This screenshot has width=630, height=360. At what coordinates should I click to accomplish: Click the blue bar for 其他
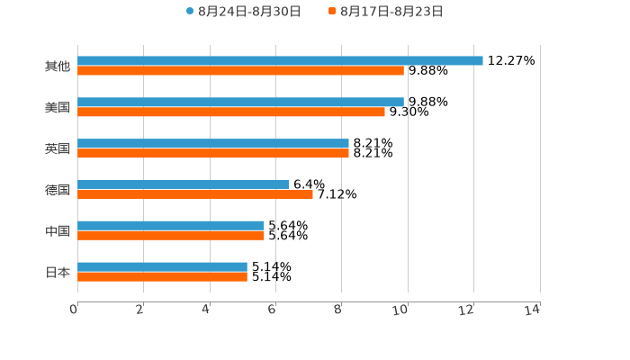tap(280, 60)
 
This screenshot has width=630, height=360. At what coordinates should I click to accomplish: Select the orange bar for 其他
tap(240, 70)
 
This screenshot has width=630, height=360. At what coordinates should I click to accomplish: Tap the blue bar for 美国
tap(240, 102)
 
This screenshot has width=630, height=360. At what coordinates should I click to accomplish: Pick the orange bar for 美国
tap(231, 112)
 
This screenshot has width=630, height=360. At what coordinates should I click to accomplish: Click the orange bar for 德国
tap(195, 193)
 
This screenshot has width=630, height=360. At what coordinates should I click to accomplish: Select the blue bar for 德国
tap(183, 184)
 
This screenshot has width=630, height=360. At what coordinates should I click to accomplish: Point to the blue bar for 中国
tap(171, 225)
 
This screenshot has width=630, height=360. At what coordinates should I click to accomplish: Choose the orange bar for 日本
tap(162, 276)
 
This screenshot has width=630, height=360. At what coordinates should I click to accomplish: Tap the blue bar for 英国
tap(213, 143)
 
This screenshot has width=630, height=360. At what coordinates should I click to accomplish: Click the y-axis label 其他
tap(58, 66)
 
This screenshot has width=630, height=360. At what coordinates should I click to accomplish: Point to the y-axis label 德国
tap(58, 190)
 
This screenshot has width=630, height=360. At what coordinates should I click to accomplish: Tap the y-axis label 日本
tap(58, 272)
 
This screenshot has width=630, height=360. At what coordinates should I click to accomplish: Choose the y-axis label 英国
tap(58, 148)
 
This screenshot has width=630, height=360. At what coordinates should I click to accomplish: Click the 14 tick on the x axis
tap(533, 310)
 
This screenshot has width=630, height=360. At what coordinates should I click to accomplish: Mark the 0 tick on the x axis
tap(75, 310)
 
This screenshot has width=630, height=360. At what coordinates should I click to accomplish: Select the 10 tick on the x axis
tap(401, 310)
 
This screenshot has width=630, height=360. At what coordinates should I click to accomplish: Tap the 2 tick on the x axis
tap(140, 310)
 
